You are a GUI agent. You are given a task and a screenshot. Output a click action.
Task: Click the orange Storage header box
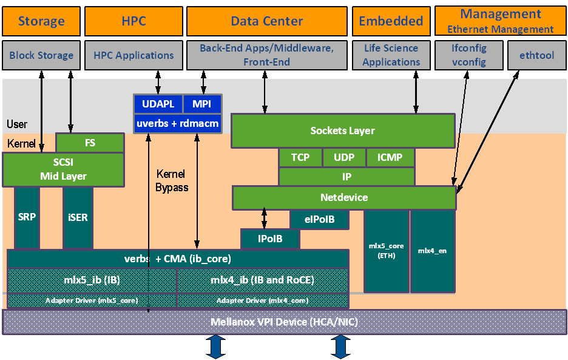41,21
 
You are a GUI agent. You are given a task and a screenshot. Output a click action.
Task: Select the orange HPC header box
134,21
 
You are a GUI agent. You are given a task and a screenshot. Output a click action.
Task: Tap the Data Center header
267,21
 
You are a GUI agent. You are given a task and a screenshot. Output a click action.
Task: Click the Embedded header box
391,21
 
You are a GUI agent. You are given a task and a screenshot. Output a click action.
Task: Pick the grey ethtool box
536,55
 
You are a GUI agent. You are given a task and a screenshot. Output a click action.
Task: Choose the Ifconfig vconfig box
468,55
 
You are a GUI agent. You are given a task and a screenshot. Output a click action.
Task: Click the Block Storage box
41,55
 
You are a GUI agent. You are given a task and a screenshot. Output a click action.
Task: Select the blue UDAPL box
158,104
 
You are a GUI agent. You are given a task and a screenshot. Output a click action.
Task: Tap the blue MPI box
201,104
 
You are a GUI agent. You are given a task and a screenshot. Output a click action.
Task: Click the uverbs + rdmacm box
177,124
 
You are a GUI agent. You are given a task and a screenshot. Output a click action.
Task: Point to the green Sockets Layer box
342,131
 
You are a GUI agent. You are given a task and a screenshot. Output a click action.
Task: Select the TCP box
300,158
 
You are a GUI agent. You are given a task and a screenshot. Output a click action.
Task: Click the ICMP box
390,158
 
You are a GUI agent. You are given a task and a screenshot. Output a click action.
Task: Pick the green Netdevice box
343,198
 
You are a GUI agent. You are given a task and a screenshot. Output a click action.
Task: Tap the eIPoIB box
319,219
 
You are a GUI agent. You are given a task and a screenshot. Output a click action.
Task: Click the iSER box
78,217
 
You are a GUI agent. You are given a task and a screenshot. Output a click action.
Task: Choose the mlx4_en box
432,251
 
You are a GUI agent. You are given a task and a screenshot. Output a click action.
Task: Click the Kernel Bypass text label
172,181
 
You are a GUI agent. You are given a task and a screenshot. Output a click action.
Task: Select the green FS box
90,143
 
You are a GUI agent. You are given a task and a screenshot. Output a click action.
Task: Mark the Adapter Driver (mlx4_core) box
263,301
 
